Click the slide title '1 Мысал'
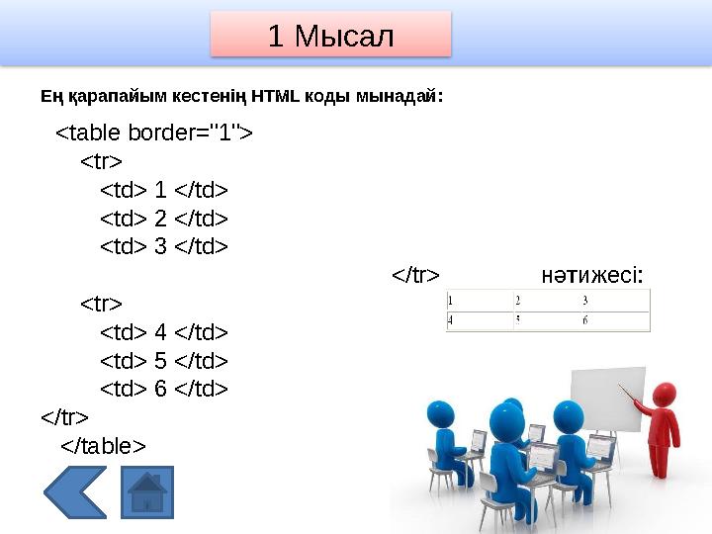(330, 36)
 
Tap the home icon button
(146, 492)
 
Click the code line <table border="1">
(153, 133)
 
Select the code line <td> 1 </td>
(164, 189)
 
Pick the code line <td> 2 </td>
(164, 218)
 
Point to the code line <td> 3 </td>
(164, 246)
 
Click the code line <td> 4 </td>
(164, 331)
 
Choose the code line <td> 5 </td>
(164, 360)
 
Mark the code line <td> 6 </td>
(164, 389)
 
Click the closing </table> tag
(103, 446)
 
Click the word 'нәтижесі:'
(593, 274)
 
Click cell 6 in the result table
(586, 320)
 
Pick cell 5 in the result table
(517, 320)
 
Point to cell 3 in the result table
(585, 301)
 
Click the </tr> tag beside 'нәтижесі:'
(415, 274)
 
